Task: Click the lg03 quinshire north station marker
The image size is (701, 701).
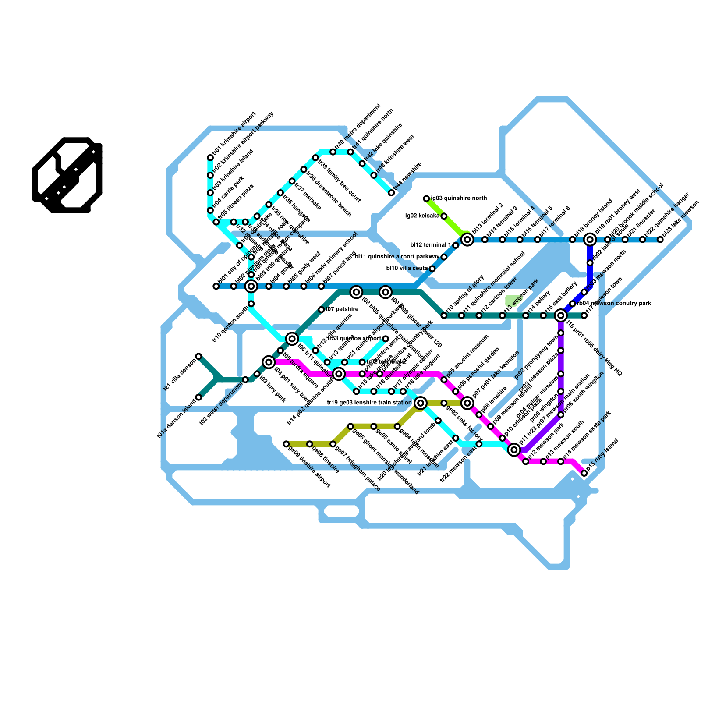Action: pos(426,198)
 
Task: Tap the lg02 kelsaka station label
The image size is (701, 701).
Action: pos(422,216)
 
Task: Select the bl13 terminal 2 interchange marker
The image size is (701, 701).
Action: pos(467,239)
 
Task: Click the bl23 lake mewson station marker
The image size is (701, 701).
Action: pos(660,239)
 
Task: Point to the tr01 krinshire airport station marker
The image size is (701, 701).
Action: pos(210,158)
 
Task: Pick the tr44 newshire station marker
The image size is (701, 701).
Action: pos(392,193)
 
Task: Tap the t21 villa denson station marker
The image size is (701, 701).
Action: pos(198,356)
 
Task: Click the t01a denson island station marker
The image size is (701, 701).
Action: pos(198,397)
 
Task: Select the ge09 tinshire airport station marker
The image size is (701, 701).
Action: pos(286,444)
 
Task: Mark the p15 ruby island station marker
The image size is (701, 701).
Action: pos(584,473)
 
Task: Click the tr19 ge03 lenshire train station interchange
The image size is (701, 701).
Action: pos(421,403)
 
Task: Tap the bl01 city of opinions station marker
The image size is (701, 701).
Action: pos(216,286)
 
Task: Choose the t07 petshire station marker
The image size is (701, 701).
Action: pos(321,310)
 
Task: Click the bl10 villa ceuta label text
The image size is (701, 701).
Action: pos(406,269)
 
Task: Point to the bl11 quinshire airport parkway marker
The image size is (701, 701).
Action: pos(444,257)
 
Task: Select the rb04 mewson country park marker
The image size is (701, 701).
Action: pos(573,304)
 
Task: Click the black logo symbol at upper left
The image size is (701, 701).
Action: pos(67,175)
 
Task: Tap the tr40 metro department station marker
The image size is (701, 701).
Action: pos(333,152)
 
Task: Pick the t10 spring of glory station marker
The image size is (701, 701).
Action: pos(444,315)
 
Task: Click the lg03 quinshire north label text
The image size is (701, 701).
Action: pos(459,198)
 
